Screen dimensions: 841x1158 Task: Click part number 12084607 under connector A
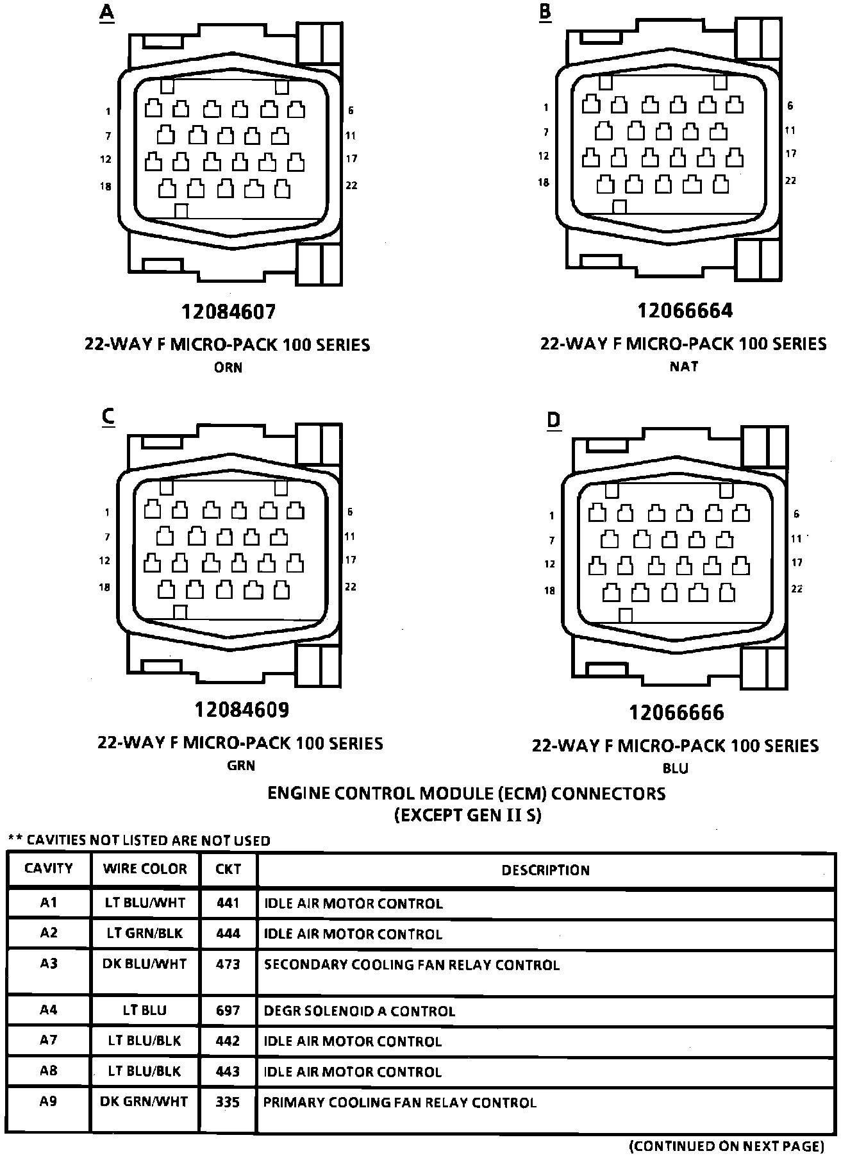pyautogui.click(x=229, y=312)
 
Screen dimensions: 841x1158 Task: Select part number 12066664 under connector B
pyautogui.click(x=685, y=311)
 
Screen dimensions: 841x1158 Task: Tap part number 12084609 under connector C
pyautogui.click(x=242, y=710)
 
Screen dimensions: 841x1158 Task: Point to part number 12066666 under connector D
pyautogui.click(x=676, y=712)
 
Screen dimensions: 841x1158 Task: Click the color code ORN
pyautogui.click(x=228, y=368)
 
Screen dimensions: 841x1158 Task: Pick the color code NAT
pyautogui.click(x=684, y=367)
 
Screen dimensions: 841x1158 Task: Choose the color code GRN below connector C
pyautogui.click(x=241, y=766)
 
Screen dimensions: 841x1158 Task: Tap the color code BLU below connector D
pyautogui.click(x=676, y=768)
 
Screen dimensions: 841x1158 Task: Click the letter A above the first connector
pyautogui.click(x=106, y=13)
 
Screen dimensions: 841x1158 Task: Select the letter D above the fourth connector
pyautogui.click(x=553, y=420)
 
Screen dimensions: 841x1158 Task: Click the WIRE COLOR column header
pyautogui.click(x=145, y=869)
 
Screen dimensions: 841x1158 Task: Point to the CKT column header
pyautogui.click(x=228, y=869)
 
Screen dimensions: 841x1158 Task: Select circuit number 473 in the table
pyautogui.click(x=228, y=964)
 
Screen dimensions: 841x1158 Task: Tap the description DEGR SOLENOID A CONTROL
pyautogui.click(x=360, y=1012)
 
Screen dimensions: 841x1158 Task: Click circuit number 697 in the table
pyautogui.click(x=228, y=1011)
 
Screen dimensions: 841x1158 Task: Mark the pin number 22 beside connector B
pyautogui.click(x=791, y=181)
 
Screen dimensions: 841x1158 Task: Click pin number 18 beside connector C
pyautogui.click(x=104, y=587)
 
